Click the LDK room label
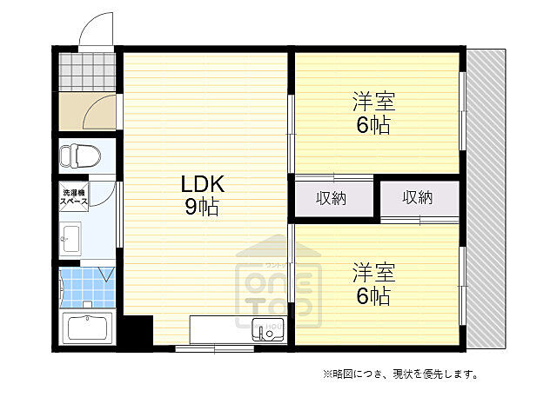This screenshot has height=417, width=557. tap(203, 184)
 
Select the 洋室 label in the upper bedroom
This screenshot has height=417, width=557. tap(374, 102)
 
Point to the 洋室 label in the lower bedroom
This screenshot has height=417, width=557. tap(374, 273)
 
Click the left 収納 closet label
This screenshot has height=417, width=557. tap(331, 198)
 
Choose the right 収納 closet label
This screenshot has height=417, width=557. tap(418, 198)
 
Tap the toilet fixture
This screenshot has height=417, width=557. tap(79, 156)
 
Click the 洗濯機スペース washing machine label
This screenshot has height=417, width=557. tap(74, 195)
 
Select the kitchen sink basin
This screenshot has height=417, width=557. tap(262, 331)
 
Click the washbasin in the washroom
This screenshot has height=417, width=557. tap(71, 235)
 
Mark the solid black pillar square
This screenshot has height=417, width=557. tap(136, 332)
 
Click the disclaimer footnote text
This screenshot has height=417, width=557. tap(399, 374)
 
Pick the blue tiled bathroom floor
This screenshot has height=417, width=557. tap(82, 287)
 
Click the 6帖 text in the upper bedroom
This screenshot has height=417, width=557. tap(372, 124)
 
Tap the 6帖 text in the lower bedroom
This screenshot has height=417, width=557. tap(372, 296)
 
